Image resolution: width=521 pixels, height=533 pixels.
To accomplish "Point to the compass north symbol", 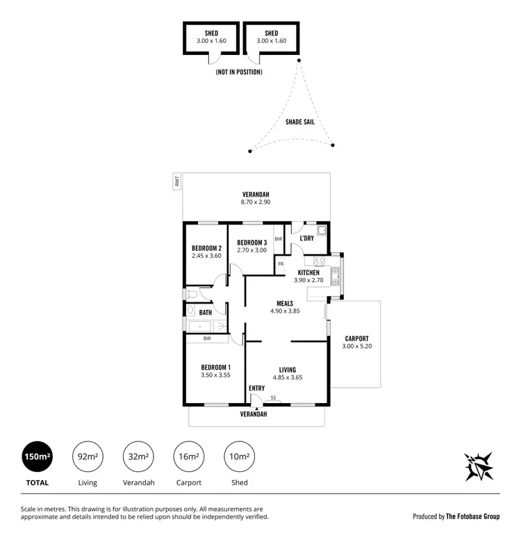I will [x=479, y=466].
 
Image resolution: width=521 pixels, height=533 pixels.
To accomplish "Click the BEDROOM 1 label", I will [x=215, y=367].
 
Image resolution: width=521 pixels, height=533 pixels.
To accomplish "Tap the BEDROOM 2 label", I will [x=206, y=248].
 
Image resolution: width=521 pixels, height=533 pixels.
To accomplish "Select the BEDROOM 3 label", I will [x=251, y=242].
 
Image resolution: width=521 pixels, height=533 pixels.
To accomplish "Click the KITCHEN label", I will [x=308, y=272].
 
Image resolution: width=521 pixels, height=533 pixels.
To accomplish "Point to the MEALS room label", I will [x=284, y=303].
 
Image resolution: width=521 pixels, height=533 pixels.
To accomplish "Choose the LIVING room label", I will [x=288, y=370].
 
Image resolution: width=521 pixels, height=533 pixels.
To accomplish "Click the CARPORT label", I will [x=356, y=338].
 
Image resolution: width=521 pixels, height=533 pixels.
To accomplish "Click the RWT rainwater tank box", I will [x=177, y=182].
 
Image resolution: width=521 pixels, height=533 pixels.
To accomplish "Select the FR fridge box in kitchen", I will [x=281, y=264].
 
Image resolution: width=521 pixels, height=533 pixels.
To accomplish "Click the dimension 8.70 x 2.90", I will [x=256, y=202].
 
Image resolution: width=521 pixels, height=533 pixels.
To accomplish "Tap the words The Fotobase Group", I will [x=472, y=516].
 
